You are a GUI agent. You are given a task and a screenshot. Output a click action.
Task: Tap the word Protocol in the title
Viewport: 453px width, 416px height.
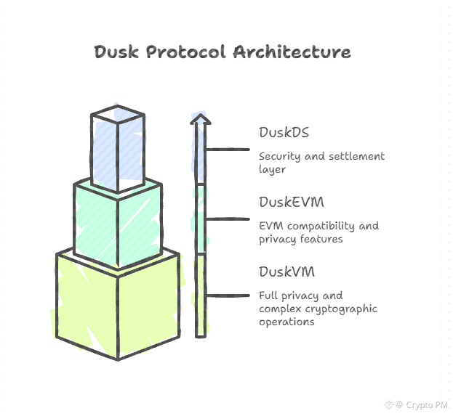(185, 52)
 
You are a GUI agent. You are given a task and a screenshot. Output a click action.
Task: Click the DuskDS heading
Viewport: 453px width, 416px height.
(284, 132)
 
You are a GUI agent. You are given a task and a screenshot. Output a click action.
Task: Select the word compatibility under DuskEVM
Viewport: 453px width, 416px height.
(317, 226)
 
